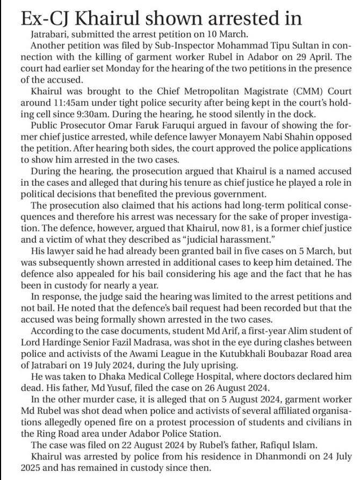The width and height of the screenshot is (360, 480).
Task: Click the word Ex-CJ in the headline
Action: coord(44,19)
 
